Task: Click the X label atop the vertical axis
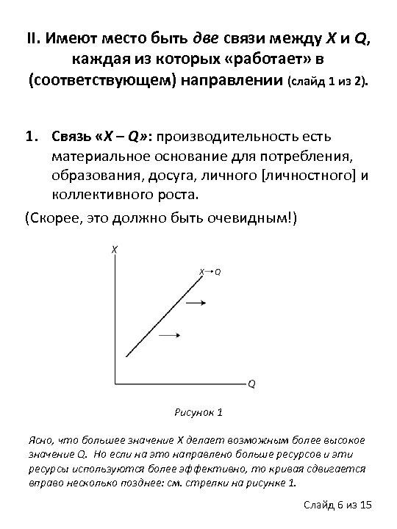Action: tap(115, 250)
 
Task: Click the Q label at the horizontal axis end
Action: tap(251, 384)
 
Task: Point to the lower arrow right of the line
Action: tap(170, 336)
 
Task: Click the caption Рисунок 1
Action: tap(198, 411)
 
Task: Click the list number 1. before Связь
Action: tap(31, 137)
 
